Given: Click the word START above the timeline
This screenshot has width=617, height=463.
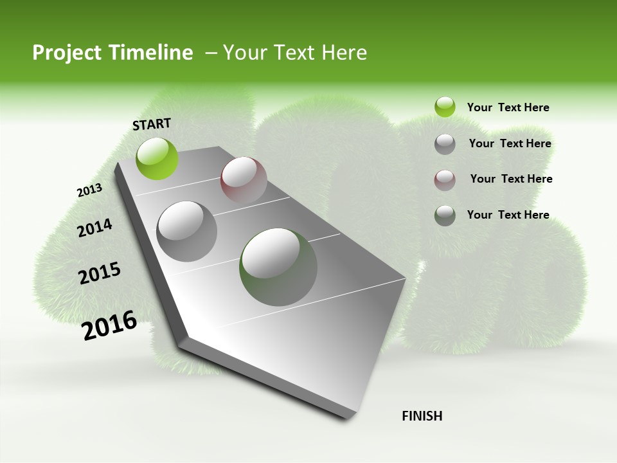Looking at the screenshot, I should (x=152, y=124).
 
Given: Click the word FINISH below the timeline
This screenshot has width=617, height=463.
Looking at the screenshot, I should (x=422, y=416).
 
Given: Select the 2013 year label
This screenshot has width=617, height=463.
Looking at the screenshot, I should (x=89, y=191).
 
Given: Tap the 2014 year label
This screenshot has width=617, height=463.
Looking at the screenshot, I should (x=94, y=228).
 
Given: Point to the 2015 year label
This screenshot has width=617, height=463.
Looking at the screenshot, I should (x=100, y=273).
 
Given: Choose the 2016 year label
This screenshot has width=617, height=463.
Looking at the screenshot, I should (x=110, y=325).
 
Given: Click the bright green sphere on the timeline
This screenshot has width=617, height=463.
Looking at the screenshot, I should (x=157, y=158).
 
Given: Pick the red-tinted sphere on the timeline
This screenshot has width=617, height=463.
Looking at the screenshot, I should (x=244, y=179).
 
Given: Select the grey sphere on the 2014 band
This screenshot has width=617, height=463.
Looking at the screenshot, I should (x=187, y=232).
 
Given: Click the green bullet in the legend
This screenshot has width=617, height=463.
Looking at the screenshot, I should (x=445, y=107).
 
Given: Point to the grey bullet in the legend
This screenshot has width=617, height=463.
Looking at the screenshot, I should (x=445, y=144).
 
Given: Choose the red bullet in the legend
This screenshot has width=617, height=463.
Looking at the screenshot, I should (x=445, y=179).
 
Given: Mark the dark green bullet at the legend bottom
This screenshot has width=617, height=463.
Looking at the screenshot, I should (x=445, y=215).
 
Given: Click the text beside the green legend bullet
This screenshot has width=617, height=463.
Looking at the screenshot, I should (x=508, y=108).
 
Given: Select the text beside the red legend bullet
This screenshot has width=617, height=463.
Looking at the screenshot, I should (x=511, y=179).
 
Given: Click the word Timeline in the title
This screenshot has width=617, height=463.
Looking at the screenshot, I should (x=152, y=53).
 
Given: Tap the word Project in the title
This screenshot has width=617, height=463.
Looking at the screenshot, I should (x=67, y=53).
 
